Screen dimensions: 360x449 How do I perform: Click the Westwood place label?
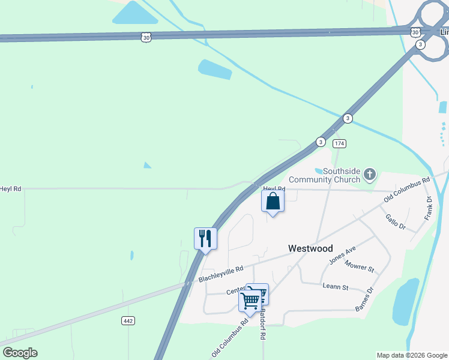(x=310, y=248)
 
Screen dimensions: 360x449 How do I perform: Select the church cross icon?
(x=370, y=175)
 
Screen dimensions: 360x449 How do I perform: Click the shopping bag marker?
(x=273, y=202)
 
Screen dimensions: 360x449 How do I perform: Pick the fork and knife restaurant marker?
(x=205, y=239)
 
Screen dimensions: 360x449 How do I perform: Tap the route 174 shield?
(x=340, y=144)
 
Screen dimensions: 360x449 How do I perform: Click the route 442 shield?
(x=127, y=321)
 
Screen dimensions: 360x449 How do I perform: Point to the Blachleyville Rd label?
(x=221, y=275)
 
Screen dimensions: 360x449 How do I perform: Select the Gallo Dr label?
(x=396, y=223)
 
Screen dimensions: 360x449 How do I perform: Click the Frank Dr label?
(x=429, y=208)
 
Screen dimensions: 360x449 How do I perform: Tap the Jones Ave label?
(x=343, y=256)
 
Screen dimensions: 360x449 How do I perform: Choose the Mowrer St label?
(x=360, y=266)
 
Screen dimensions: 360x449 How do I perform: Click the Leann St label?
(x=336, y=287)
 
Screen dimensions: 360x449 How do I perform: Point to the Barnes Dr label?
(x=364, y=299)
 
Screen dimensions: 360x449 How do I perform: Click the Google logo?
(x=20, y=353)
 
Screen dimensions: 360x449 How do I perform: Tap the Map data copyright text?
(x=411, y=355)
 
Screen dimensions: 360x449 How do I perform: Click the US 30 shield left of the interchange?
(x=146, y=37)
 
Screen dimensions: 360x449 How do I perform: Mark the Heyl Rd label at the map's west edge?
(x=10, y=188)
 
